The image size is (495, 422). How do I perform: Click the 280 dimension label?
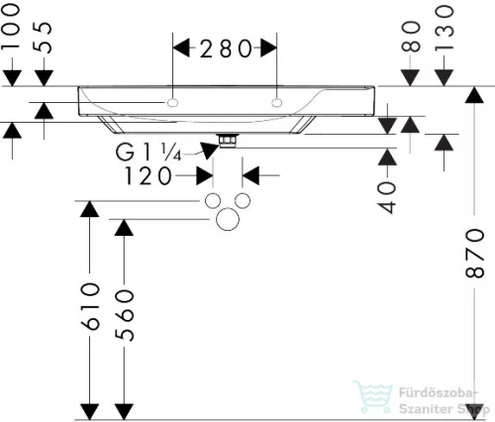click(x=226, y=49)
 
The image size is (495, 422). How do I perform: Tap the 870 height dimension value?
click(x=474, y=254)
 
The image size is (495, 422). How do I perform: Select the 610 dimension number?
click(x=90, y=306)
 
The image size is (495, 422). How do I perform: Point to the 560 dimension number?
click(x=125, y=315)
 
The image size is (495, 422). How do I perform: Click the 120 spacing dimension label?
click(x=148, y=175)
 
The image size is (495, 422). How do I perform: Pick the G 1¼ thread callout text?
click(x=148, y=153)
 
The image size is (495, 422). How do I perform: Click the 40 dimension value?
click(x=387, y=197)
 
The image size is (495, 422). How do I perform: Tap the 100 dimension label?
click(x=11, y=27)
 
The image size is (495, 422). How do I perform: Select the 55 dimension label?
click(x=44, y=38)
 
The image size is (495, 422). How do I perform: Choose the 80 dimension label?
click(x=411, y=37)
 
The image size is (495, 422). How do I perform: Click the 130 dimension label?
click(x=445, y=29)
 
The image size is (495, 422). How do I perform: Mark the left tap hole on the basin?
click(x=172, y=103)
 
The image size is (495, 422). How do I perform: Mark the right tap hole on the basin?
click(x=277, y=103)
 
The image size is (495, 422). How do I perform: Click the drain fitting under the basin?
click(x=228, y=141)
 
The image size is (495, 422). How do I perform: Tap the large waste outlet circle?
click(x=228, y=219)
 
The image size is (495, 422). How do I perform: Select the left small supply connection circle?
click(x=213, y=201)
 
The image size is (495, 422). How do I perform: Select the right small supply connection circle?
click(x=243, y=201)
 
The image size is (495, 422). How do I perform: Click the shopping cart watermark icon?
click(x=373, y=396)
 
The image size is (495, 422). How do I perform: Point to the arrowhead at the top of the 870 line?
click(x=474, y=95)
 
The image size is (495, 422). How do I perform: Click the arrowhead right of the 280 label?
click(x=268, y=49)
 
